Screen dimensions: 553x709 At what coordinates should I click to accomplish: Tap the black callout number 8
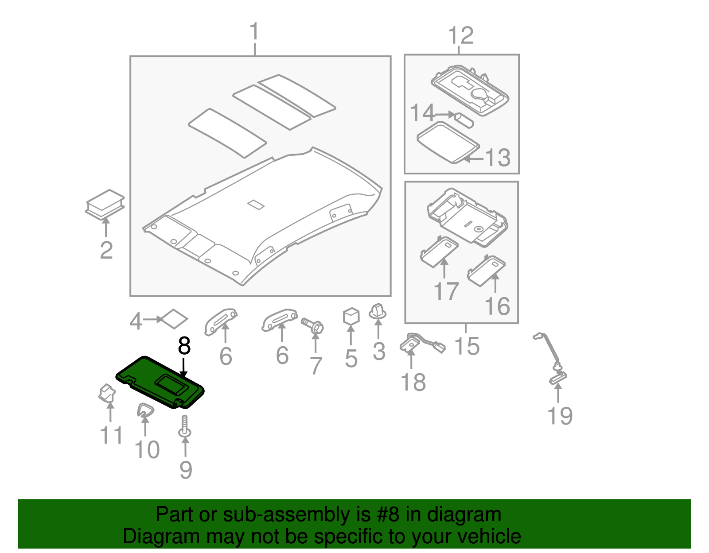[x=184, y=346]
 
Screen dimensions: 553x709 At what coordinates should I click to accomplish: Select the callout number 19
[x=560, y=416]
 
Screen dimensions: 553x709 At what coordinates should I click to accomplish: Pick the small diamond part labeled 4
[x=174, y=319]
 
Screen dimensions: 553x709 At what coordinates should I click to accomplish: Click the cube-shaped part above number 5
[x=351, y=316]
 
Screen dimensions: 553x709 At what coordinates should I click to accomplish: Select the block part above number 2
[x=105, y=204]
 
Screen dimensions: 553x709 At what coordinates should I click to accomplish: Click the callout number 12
[x=461, y=35]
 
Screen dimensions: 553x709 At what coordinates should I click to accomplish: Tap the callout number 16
[x=497, y=306]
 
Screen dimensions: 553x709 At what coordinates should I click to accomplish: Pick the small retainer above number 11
[x=107, y=393]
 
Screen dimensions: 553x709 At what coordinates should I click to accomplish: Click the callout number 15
[x=467, y=346]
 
